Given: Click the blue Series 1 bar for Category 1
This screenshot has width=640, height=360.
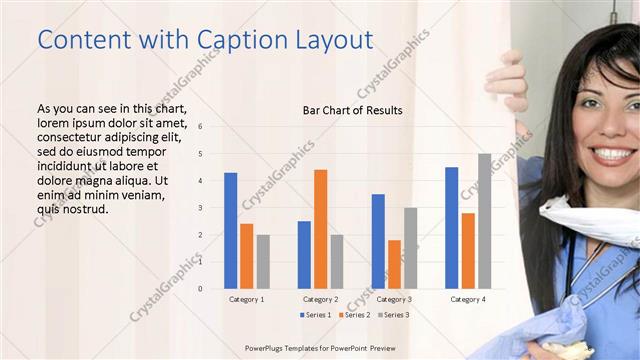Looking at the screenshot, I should click(x=231, y=230).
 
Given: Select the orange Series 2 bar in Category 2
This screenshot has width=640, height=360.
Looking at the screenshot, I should click(x=320, y=229).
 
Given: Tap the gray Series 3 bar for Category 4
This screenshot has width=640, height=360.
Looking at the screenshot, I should click(x=484, y=221).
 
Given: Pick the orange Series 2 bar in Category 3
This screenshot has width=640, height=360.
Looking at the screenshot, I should click(x=394, y=264).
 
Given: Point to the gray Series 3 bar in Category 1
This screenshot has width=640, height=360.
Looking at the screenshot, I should click(x=263, y=261).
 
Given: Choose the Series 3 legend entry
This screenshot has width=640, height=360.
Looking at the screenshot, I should click(x=394, y=315).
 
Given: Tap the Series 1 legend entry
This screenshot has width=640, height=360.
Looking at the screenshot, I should click(x=318, y=315).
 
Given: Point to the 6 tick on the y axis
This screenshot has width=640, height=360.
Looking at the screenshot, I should click(x=201, y=127).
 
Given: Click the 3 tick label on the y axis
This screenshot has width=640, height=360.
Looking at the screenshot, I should click(x=201, y=208).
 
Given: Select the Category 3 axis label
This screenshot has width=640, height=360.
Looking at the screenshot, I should click(x=394, y=299).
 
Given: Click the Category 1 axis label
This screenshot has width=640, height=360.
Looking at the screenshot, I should click(x=247, y=299).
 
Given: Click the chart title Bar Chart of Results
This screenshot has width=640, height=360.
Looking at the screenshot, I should click(x=352, y=110).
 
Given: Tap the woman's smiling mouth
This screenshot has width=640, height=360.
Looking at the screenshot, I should click(x=609, y=154).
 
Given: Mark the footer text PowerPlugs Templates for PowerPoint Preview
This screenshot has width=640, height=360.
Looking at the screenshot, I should click(x=321, y=348).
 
